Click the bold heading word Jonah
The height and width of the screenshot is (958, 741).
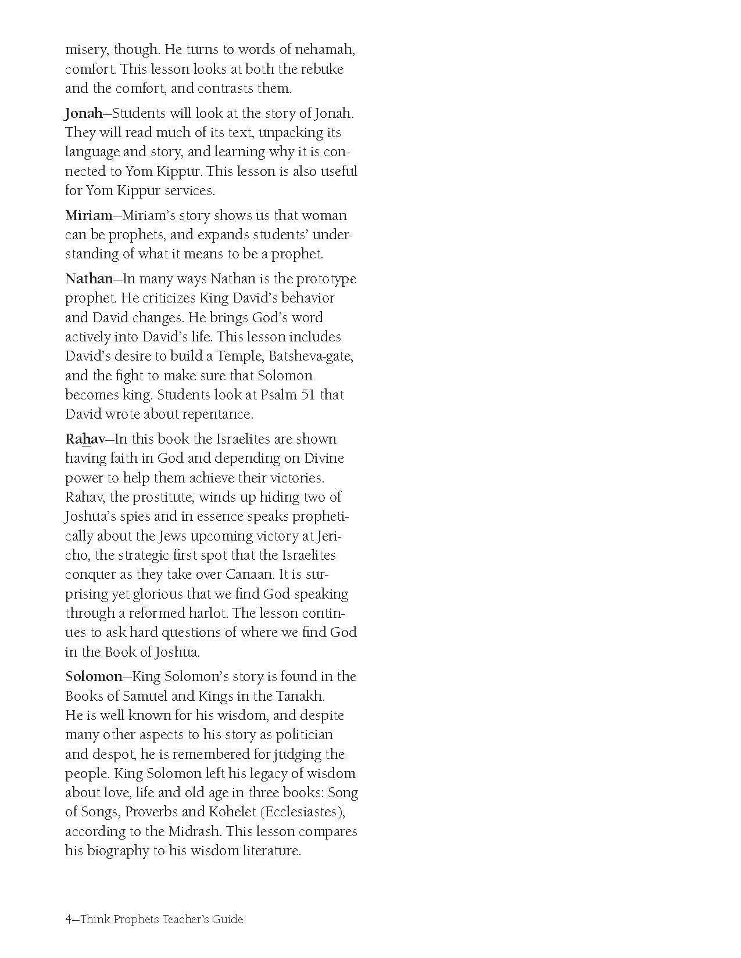pyautogui.click(x=83, y=113)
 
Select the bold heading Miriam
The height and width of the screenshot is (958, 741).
pyautogui.click(x=88, y=215)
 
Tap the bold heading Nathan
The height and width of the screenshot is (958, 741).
pyautogui.click(x=88, y=279)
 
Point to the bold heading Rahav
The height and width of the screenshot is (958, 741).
pyautogui.click(x=85, y=439)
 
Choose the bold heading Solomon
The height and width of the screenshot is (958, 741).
pyautogui.click(x=93, y=676)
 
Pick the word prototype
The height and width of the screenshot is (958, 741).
pyautogui.click(x=326, y=279)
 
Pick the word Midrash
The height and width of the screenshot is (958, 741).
pyautogui.click(x=193, y=831)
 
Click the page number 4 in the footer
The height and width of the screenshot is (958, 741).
pyautogui.click(x=69, y=919)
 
